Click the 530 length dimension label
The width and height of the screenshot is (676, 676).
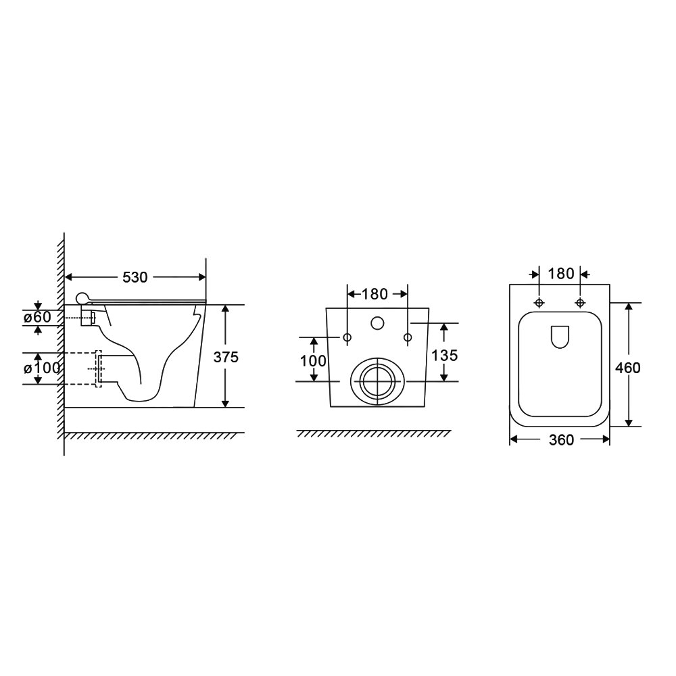[135, 277]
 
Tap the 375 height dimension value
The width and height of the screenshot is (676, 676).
[226, 357]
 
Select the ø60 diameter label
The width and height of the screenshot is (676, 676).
[37, 317]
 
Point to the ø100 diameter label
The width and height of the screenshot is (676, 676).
[42, 368]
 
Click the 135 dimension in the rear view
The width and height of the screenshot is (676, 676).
[445, 356]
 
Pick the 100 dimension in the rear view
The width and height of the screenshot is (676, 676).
[314, 360]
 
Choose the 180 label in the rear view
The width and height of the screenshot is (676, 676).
[375, 294]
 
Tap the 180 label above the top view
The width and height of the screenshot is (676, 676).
[561, 274]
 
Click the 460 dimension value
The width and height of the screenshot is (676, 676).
[628, 368]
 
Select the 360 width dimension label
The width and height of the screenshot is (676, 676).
[561, 440]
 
